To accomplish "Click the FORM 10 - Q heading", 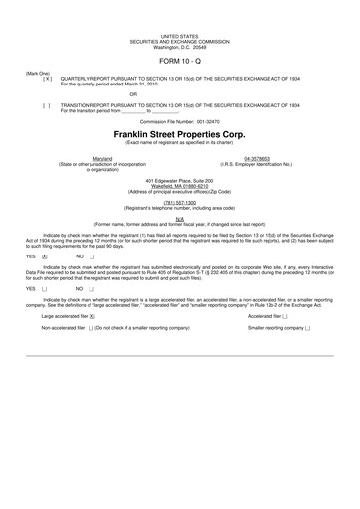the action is [179, 57].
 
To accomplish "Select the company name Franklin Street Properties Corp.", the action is [179, 132].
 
